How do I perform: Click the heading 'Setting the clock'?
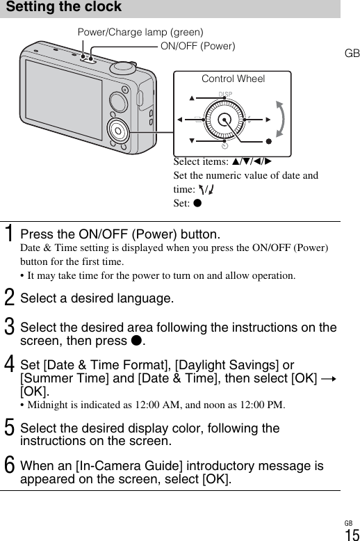64,6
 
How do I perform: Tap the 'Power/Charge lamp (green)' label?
140,32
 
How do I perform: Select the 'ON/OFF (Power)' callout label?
198,46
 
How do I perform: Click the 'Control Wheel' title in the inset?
233,79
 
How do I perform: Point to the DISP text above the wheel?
225,94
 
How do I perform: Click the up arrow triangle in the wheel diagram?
192,98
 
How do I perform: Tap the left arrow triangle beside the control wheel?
180,120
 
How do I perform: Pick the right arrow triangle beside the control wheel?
268,120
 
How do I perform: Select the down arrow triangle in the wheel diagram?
192,140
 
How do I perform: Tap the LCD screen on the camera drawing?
64,100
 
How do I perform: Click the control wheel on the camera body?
118,131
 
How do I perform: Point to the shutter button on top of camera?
123,67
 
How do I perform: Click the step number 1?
9,233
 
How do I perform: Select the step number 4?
9,364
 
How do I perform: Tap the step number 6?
9,465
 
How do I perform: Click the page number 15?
352,535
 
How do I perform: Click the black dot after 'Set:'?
197,202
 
